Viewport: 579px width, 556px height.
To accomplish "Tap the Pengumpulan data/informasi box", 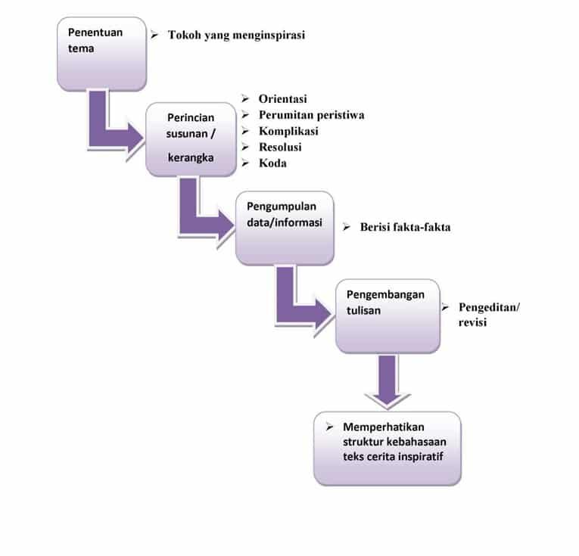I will (x=285, y=227).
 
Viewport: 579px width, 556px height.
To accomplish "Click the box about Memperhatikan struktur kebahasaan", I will (x=387, y=448).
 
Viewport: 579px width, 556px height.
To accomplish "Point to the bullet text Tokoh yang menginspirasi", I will (x=236, y=35).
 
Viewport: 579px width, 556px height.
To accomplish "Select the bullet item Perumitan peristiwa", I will (x=311, y=115).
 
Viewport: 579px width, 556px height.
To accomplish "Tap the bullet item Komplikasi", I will (x=288, y=131).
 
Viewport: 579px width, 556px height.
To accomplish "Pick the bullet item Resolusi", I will (x=282, y=147).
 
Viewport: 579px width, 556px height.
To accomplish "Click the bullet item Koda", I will (x=272, y=163).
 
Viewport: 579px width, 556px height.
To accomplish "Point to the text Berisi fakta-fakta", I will (x=405, y=227).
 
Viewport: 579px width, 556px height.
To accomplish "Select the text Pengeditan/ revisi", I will (x=489, y=315).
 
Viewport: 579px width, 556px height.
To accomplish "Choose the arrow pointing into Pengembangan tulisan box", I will (x=303, y=303).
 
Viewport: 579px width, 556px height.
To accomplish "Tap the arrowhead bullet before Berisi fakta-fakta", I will (x=345, y=227).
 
